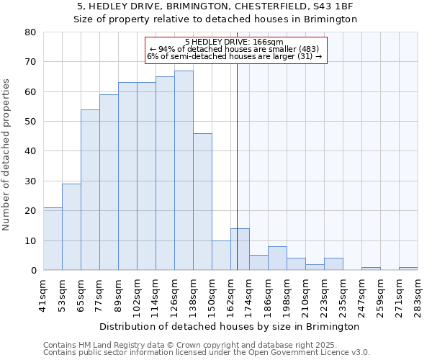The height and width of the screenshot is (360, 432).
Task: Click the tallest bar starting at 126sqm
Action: (x=184, y=171)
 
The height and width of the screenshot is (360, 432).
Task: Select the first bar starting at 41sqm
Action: (x=53, y=239)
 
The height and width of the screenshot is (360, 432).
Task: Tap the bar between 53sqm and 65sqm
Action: (x=71, y=227)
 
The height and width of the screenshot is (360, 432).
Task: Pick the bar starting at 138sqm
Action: (x=202, y=202)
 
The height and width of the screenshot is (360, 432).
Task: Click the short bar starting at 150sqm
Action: (x=221, y=256)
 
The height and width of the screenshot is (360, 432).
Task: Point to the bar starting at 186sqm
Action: (x=277, y=258)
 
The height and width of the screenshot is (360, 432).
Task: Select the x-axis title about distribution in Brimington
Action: (x=229, y=326)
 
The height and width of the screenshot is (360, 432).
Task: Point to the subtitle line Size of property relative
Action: (x=216, y=19)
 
